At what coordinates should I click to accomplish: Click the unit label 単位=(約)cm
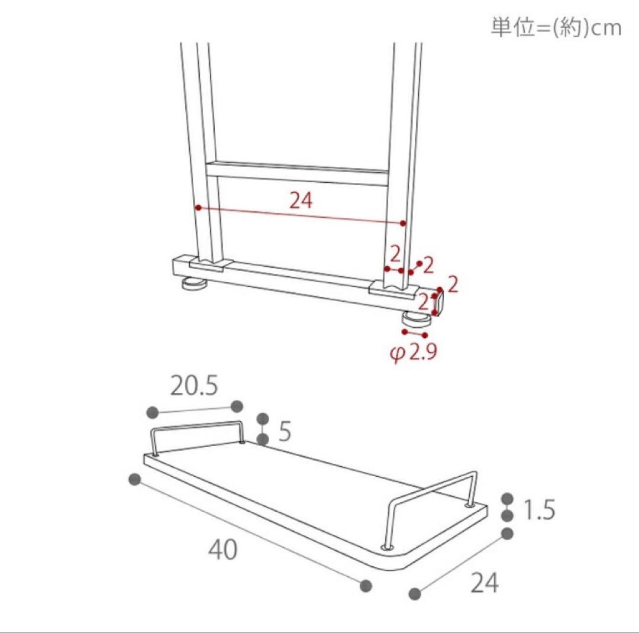(556, 28)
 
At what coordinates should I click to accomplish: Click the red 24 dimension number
(301, 201)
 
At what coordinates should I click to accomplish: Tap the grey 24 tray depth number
(485, 583)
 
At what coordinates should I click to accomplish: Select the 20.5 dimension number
(194, 386)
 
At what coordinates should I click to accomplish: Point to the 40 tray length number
(222, 550)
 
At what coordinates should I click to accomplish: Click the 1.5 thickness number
(539, 509)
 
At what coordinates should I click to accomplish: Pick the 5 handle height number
(285, 431)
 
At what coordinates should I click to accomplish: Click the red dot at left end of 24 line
(199, 208)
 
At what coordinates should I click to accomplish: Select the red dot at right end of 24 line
(403, 224)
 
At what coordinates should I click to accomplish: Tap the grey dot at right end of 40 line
(366, 586)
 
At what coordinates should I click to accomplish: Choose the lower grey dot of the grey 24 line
(415, 593)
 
